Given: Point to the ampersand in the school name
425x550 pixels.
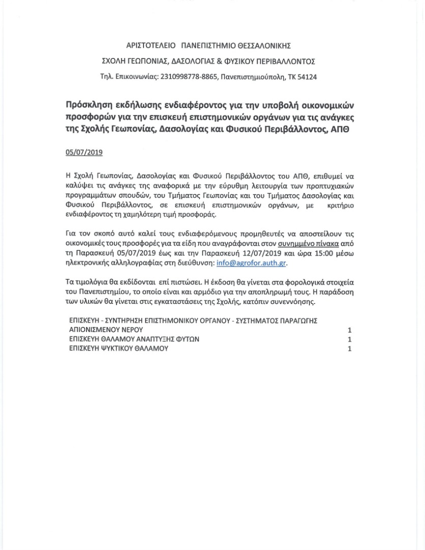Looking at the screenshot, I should click(219, 62).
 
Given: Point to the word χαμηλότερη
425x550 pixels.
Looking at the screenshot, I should click(139, 214).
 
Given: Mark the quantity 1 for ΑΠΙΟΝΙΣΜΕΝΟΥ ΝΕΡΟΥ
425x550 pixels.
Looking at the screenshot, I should click(349, 330).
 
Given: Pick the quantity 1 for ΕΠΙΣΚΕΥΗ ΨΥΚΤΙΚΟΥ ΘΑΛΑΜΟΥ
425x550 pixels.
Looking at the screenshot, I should click(349, 349).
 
